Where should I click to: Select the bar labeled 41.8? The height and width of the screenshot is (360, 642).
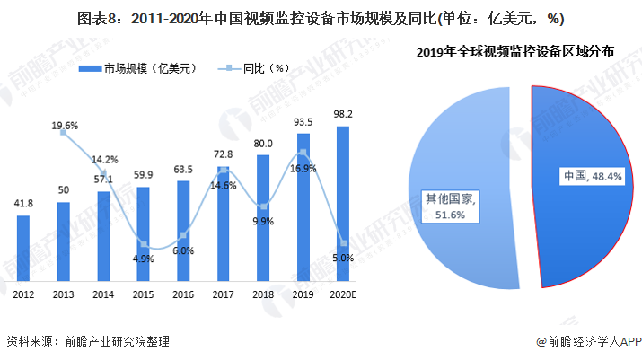23,250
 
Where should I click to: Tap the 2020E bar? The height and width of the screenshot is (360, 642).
343,206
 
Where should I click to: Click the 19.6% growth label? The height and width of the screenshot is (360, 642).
64,125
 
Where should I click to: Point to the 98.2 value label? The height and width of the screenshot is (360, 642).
343,114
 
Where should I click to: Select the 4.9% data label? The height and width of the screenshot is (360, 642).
143,259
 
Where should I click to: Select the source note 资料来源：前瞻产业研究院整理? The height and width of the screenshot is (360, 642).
88,341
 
